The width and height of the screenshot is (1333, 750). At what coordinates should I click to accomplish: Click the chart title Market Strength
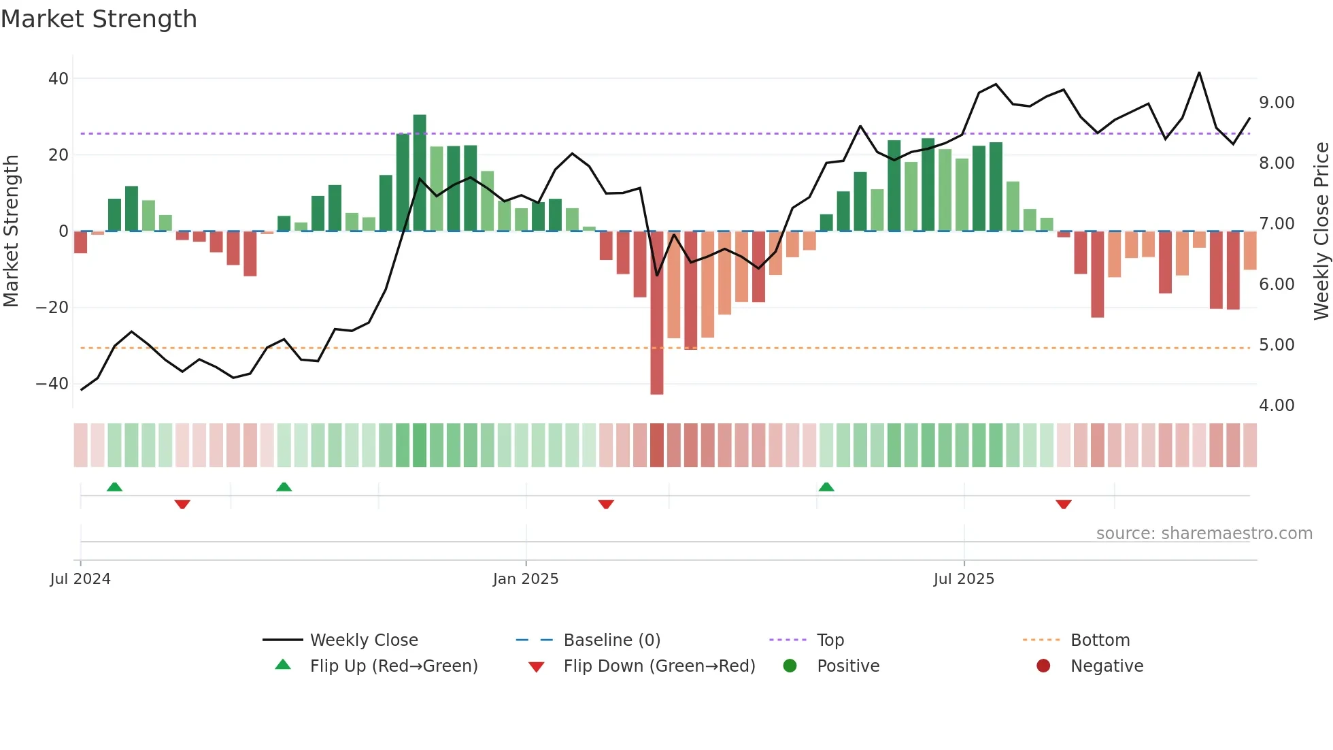click(99, 19)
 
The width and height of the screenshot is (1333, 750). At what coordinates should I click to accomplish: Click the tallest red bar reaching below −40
click(656, 313)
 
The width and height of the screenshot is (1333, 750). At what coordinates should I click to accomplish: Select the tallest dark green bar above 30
click(420, 173)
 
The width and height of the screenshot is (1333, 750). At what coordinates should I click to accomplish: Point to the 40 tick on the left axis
click(58, 78)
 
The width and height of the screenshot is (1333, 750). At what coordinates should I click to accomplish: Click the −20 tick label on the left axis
click(52, 308)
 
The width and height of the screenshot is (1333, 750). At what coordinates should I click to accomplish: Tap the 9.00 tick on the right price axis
click(1277, 103)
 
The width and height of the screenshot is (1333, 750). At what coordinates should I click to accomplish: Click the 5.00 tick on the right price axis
click(1277, 345)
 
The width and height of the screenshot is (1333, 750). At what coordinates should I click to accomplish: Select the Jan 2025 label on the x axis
click(526, 579)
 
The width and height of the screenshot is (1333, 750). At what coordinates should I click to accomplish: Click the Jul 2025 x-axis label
click(964, 579)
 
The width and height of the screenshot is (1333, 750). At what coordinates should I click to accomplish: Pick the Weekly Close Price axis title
click(1321, 231)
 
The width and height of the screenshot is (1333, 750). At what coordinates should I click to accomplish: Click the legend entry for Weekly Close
click(364, 640)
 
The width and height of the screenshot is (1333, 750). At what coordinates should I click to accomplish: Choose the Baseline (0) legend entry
click(611, 640)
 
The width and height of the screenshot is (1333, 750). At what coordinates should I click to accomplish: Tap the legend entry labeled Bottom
click(1100, 640)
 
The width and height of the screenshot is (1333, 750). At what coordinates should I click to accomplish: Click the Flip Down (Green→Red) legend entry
click(659, 666)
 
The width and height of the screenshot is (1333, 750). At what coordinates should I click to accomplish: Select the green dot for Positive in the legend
click(790, 666)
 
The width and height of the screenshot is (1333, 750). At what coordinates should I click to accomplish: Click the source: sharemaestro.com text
click(1204, 534)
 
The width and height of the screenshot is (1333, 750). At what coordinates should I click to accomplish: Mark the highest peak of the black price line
click(1199, 73)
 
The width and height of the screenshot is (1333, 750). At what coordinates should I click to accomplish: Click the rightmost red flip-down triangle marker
click(1064, 504)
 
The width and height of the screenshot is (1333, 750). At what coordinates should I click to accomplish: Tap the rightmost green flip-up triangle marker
click(826, 487)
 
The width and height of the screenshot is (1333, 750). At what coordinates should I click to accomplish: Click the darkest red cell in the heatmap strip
click(656, 445)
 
